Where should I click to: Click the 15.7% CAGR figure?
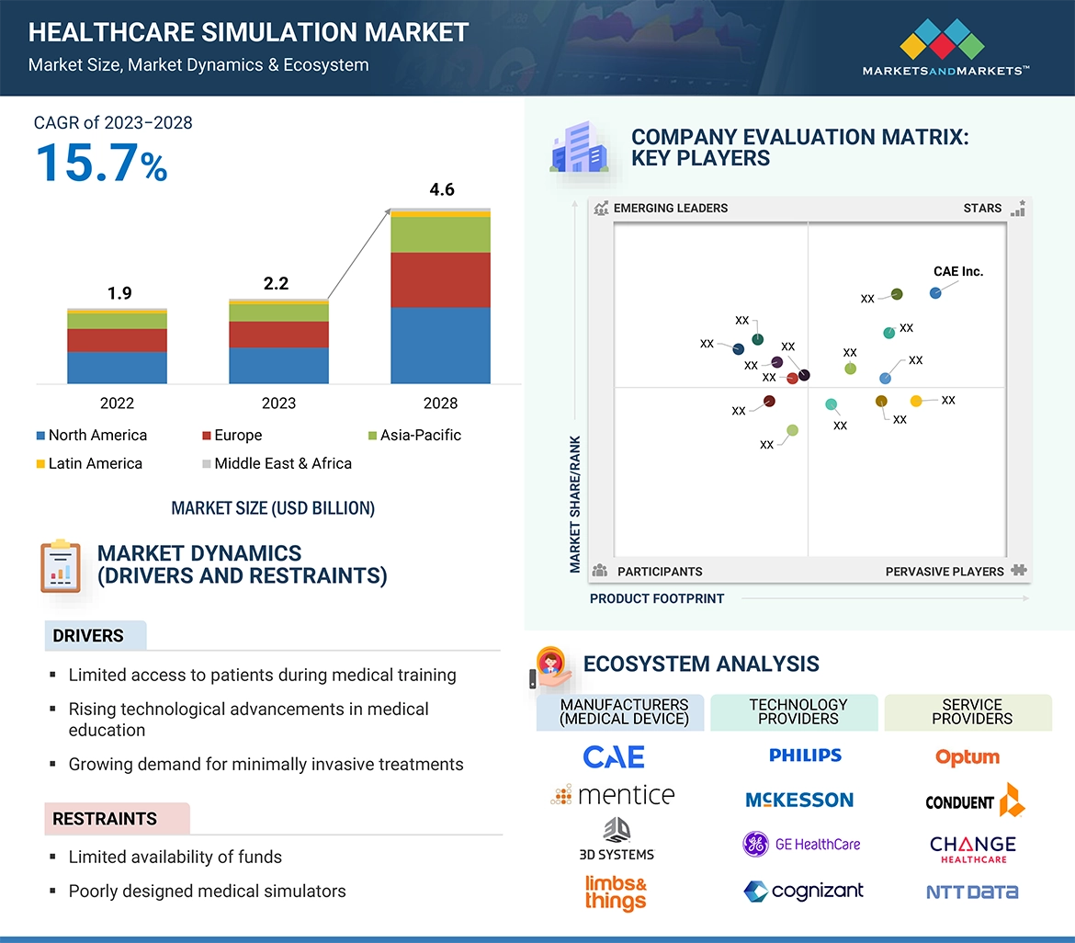point(101,163)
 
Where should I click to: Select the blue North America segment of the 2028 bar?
point(440,345)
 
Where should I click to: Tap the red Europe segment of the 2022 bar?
point(117,340)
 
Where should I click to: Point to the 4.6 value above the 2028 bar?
point(441,190)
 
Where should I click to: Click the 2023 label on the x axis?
point(278,403)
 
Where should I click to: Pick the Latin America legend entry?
point(89,464)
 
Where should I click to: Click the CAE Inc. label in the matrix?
point(957,272)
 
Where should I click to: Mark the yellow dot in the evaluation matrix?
point(916,401)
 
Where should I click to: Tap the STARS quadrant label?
point(982,209)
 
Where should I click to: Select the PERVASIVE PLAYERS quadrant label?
point(945,572)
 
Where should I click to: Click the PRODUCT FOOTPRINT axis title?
point(657,599)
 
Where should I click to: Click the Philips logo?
point(805,756)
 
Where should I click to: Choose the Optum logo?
point(967,757)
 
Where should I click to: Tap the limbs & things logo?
point(616,892)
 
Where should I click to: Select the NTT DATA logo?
point(971,892)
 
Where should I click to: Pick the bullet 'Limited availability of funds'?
point(175,858)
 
